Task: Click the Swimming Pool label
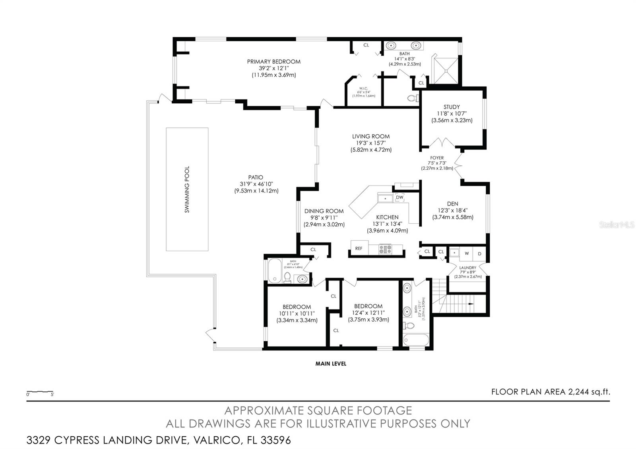pos(187,189)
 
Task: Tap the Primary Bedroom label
pos(273,62)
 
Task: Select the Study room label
pos(452,107)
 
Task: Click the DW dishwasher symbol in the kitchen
pos(399,197)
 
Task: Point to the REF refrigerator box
pos(359,248)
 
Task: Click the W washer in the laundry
pos(467,253)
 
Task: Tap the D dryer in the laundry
pos(479,254)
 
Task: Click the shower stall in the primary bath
pos(445,70)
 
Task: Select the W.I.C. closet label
pos(363,88)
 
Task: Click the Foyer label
pos(437,158)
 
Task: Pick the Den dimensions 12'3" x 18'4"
pos(453,211)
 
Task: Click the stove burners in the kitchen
pos(385,249)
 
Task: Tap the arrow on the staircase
pos(471,304)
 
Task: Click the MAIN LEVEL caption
pos(331,364)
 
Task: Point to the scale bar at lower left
pos(40,393)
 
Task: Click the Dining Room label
pos(324,211)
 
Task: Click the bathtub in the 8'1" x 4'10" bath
pos(275,271)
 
